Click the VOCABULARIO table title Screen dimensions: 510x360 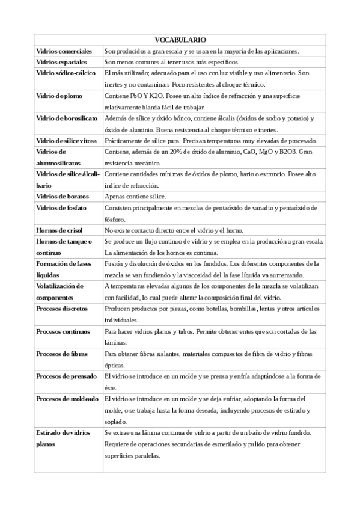(180, 38)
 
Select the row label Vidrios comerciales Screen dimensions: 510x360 (64, 51)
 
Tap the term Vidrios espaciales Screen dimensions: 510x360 (62, 62)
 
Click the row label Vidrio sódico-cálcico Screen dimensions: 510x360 (67, 73)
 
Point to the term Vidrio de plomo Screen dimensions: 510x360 (59, 96)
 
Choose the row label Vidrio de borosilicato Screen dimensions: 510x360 (67, 118)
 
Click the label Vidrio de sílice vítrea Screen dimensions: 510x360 (67, 140)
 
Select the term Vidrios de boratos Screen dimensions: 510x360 (61, 196)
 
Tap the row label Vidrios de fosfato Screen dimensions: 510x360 (61, 207)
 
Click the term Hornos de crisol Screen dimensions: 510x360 (59, 230)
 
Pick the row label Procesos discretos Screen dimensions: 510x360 (62, 308)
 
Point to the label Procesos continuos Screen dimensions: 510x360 (63, 331)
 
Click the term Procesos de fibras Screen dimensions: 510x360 (62, 354)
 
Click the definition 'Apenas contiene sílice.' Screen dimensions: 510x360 (135, 196)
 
